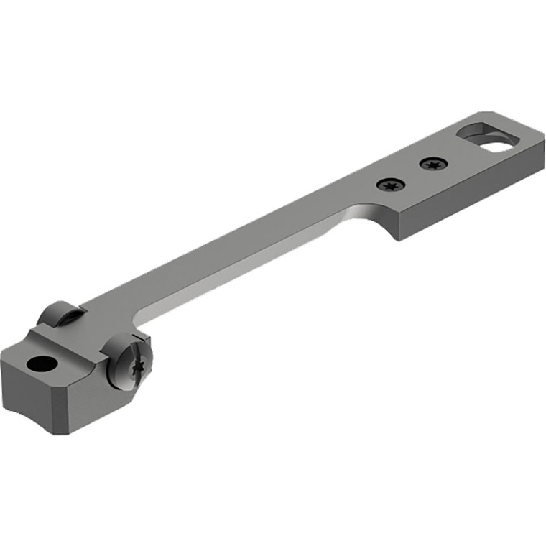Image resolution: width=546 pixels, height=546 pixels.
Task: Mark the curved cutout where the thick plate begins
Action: tap(359, 212)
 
